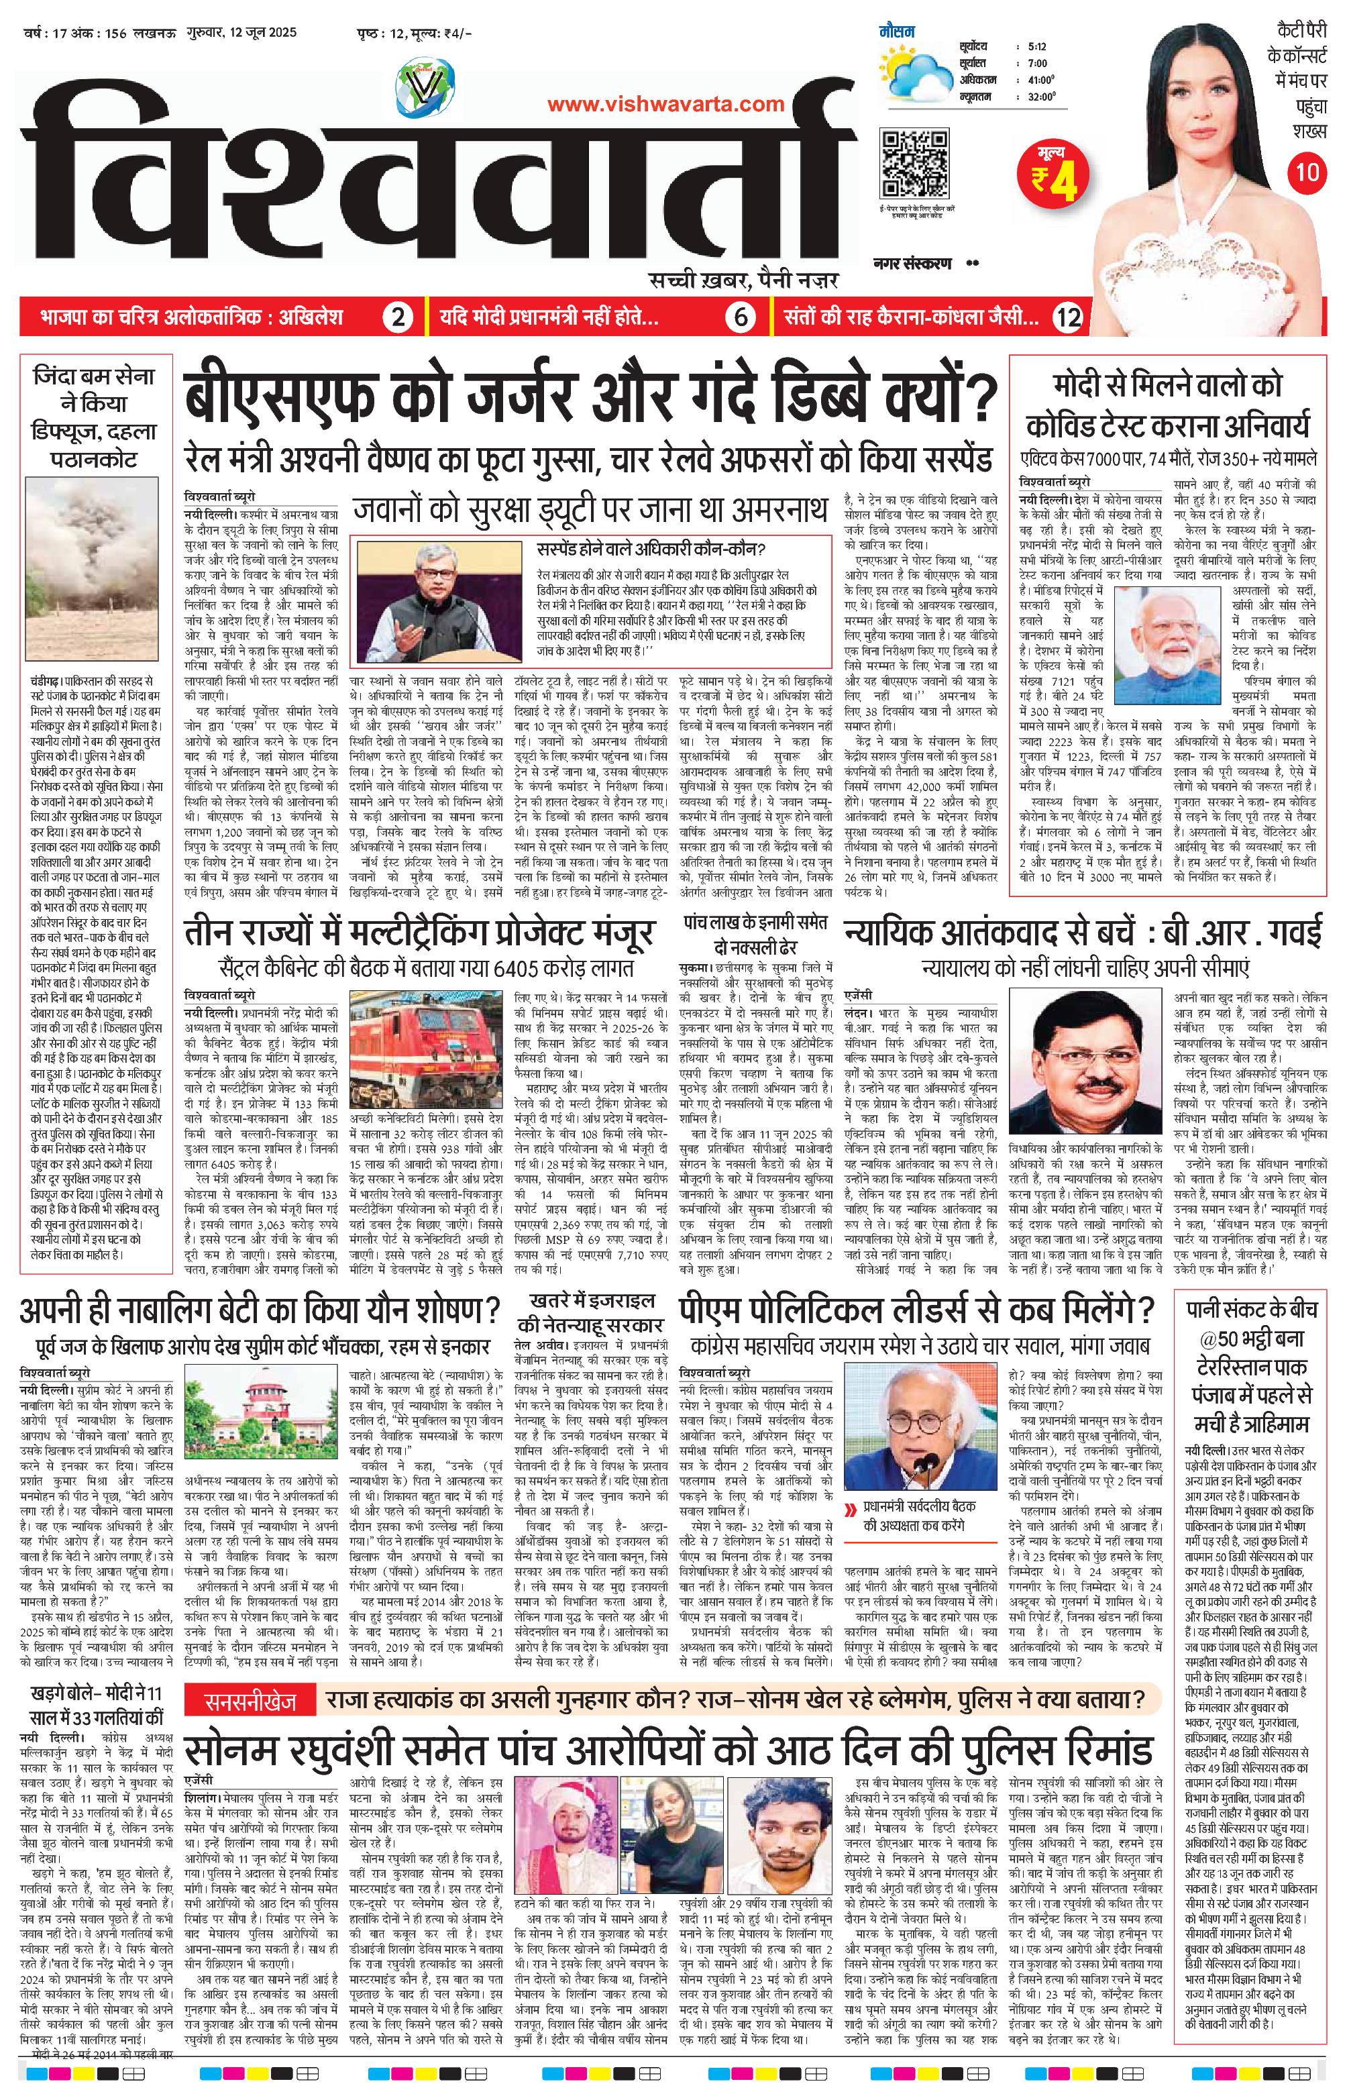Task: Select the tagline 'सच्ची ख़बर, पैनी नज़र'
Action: [743, 280]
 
